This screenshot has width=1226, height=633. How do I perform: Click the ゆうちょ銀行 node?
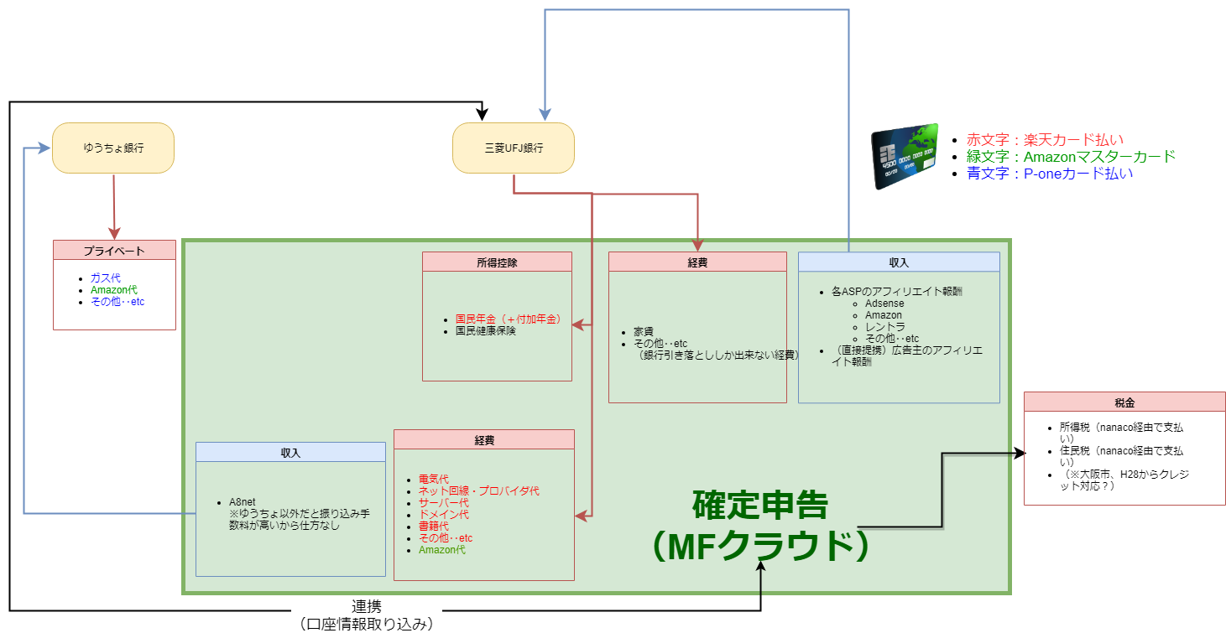tap(113, 148)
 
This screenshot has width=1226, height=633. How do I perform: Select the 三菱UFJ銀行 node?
tap(514, 148)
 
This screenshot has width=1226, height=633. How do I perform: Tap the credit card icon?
tap(903, 158)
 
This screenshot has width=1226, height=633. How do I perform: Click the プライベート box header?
tap(114, 250)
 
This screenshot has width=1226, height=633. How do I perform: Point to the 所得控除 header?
tap(497, 262)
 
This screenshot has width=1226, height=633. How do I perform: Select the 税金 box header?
tap(1124, 402)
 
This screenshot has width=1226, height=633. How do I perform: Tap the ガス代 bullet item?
tap(106, 278)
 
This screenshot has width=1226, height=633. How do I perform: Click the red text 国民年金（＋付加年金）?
tap(508, 319)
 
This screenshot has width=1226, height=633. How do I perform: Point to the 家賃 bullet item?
tap(644, 332)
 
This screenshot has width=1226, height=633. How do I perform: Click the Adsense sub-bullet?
tap(884, 304)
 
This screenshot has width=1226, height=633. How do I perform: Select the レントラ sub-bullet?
tap(885, 327)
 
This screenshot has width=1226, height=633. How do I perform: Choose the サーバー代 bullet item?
tap(443, 503)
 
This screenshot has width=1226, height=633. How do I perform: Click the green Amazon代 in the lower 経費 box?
tap(441, 550)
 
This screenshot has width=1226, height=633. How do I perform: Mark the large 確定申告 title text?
tap(760, 505)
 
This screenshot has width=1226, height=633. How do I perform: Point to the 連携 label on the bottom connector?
tap(366, 606)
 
